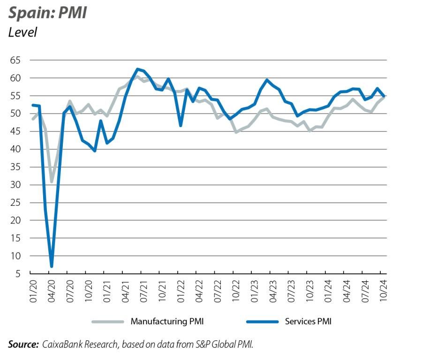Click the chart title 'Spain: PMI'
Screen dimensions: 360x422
(x=47, y=13)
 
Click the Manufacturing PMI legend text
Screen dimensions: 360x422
(x=167, y=322)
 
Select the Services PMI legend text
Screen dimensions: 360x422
(x=308, y=322)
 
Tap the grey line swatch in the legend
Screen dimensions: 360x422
(x=108, y=322)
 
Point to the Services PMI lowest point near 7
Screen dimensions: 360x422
(x=51, y=266)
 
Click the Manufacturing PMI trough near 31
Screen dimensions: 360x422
(x=52, y=181)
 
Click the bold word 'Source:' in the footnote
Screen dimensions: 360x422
(x=23, y=345)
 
